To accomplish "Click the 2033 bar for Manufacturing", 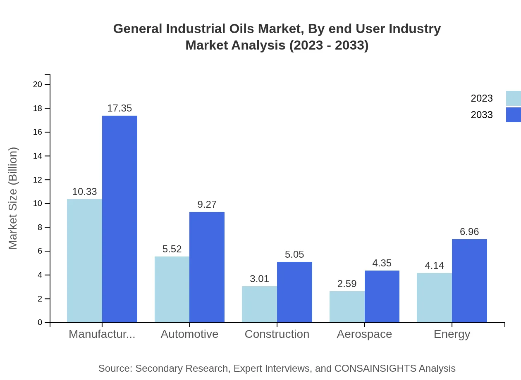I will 119,219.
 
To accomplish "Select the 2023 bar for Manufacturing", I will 84,261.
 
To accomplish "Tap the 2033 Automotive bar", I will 207,267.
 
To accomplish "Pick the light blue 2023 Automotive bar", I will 172,289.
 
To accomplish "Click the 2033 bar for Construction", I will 294,292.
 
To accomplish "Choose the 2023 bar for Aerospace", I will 347,306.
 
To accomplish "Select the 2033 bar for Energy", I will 469,280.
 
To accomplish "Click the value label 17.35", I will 119,108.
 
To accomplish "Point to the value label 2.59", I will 347,284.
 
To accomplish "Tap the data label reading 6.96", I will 469,232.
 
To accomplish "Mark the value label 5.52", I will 172,249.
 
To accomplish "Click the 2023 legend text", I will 482,98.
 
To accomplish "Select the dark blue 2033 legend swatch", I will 513,115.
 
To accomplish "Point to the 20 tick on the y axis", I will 38,85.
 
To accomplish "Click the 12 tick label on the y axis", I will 38,180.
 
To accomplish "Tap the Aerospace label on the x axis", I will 364,334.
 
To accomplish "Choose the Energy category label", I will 452,334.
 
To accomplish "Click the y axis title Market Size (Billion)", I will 13,198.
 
